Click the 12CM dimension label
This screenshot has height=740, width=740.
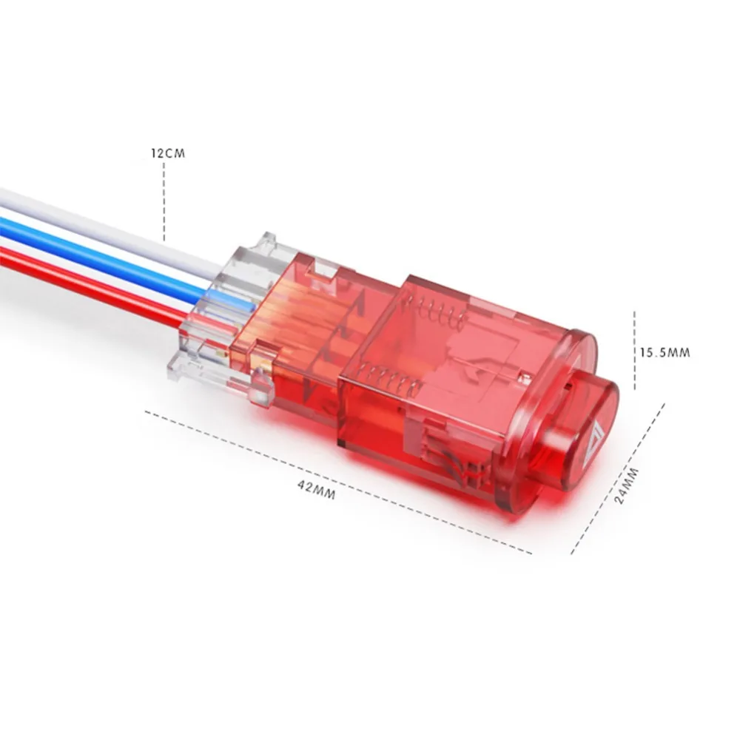tap(168, 153)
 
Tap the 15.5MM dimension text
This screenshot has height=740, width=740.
tap(665, 352)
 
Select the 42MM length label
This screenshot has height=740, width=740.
tap(317, 490)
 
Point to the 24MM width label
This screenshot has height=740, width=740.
tap(628, 485)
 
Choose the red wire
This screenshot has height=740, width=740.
tap(95, 283)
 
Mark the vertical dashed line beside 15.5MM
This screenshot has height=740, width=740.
tap(634, 350)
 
